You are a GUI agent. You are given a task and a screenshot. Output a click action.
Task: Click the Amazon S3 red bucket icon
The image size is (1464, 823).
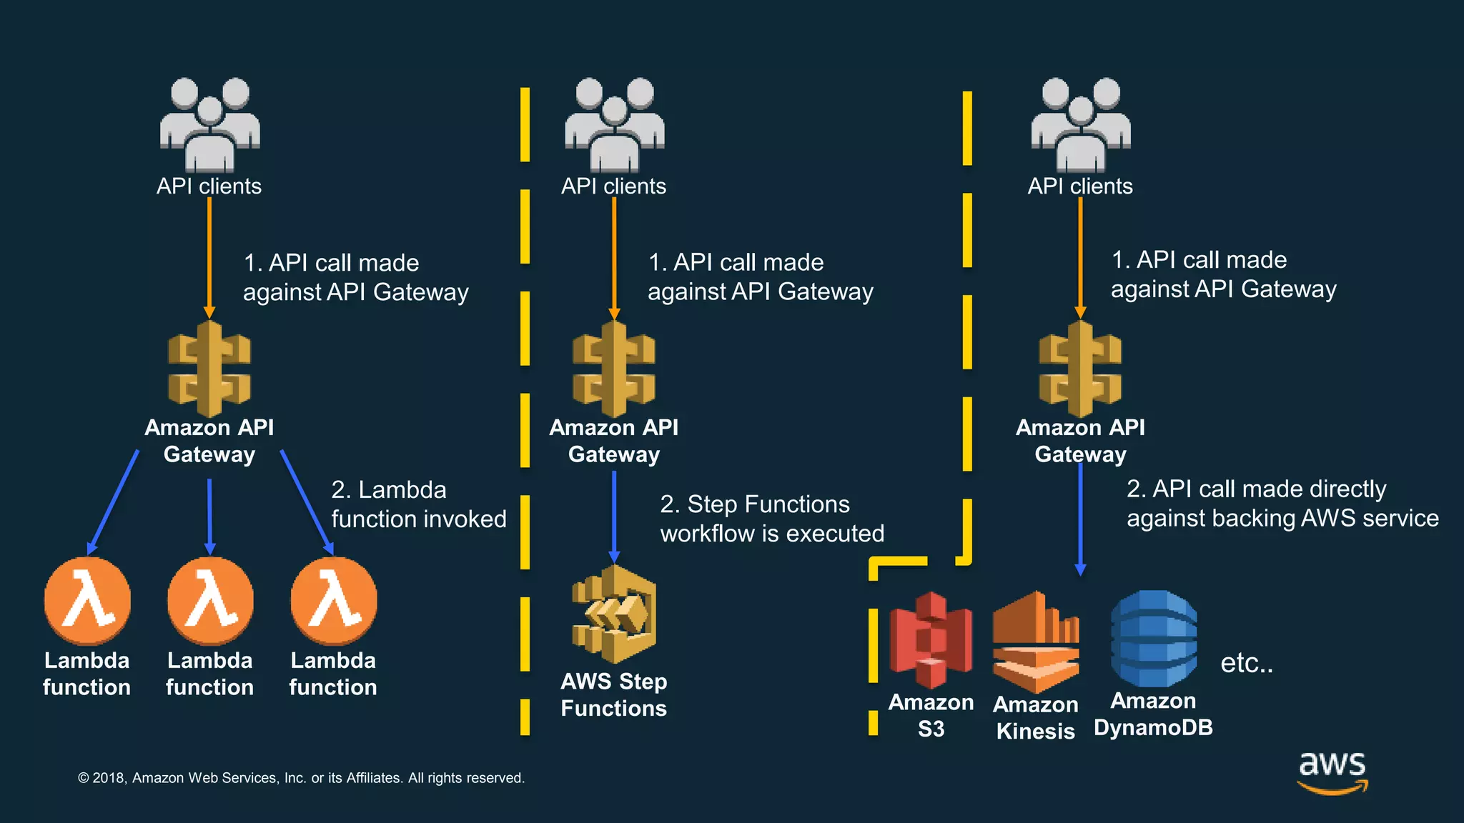[x=930, y=639]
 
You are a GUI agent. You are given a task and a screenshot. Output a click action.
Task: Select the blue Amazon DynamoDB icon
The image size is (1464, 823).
[x=1154, y=638]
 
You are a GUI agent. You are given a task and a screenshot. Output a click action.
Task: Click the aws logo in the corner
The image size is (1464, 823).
[x=1332, y=772]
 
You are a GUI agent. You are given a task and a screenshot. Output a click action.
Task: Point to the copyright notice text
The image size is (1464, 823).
[x=301, y=778]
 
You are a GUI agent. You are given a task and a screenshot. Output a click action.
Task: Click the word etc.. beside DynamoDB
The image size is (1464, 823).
[x=1246, y=663]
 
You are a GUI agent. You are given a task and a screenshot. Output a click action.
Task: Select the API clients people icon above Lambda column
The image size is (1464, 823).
[x=209, y=124]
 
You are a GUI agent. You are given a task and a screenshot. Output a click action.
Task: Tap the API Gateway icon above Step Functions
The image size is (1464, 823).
[x=614, y=369]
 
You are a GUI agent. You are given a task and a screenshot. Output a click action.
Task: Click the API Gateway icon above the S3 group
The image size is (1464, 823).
[x=1080, y=369]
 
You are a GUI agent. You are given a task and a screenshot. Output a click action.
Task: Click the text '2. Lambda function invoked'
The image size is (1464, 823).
[x=418, y=504]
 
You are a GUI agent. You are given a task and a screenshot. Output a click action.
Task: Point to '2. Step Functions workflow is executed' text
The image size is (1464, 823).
[x=771, y=519]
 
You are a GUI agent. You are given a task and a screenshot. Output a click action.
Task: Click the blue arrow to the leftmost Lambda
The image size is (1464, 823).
[x=114, y=502]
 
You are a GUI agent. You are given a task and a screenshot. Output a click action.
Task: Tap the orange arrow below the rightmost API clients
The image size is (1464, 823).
[x=1080, y=257]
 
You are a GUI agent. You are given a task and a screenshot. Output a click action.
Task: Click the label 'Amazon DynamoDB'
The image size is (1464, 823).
[x=1153, y=714]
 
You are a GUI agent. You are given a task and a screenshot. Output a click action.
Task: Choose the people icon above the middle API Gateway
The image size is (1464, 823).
[x=614, y=124]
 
